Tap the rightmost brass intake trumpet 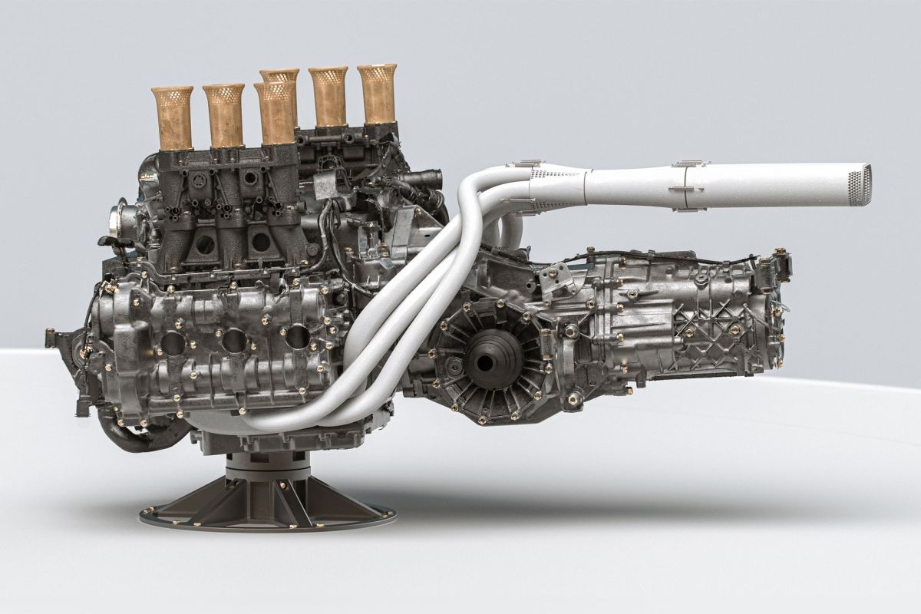[x=377, y=93]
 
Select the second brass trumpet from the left [x=223, y=115]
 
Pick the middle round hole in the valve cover [x=235, y=341]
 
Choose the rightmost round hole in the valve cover [x=295, y=335]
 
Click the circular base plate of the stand [x=261, y=513]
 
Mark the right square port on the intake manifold [x=261, y=242]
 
